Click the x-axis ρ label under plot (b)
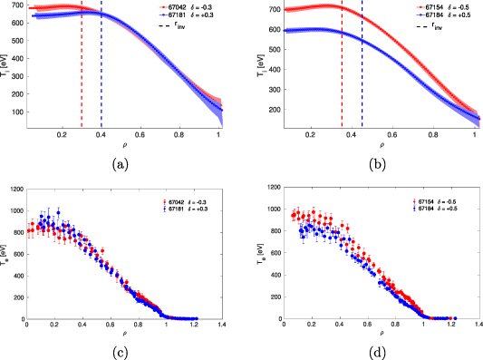click(381, 144)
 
